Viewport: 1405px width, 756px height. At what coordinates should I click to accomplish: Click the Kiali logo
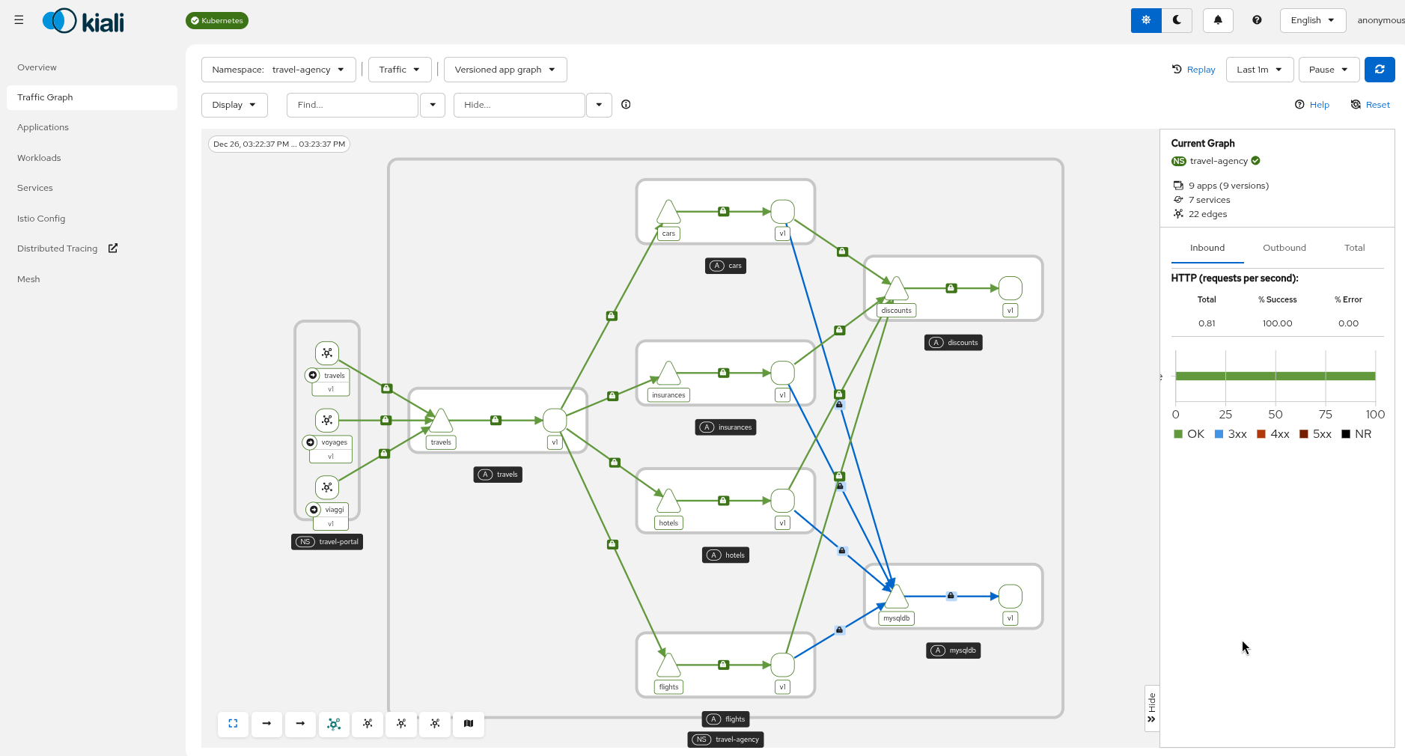pyautogui.click(x=83, y=21)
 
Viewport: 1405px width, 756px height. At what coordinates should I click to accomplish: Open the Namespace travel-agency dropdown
pyautogui.click(x=278, y=70)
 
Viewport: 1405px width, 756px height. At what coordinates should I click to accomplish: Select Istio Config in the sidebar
pyautogui.click(x=41, y=219)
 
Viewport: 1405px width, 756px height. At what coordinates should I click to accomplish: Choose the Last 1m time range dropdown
pyautogui.click(x=1258, y=70)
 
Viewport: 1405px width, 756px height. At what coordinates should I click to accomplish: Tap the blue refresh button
pyautogui.click(x=1379, y=70)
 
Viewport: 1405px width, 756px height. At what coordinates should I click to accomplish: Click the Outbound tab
pyautogui.click(x=1284, y=248)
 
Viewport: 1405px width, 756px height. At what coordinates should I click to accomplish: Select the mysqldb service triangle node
pyautogui.click(x=896, y=597)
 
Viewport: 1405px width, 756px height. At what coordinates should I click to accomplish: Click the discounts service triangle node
pyautogui.click(x=896, y=289)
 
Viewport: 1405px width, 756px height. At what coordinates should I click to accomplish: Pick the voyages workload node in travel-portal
pyautogui.click(x=327, y=420)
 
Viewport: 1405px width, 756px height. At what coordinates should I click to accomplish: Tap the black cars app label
pyautogui.click(x=725, y=266)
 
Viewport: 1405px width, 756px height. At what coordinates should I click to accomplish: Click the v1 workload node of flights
pyautogui.click(x=782, y=665)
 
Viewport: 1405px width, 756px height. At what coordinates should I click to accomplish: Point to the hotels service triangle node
pyautogui.click(x=668, y=502)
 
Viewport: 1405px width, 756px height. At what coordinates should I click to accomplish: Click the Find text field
pyautogui.click(x=352, y=105)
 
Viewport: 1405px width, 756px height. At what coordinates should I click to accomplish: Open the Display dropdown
pyautogui.click(x=234, y=105)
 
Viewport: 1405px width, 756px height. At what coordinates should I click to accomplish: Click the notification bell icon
pyautogui.click(x=1217, y=20)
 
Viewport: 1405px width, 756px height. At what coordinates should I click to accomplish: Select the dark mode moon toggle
pyautogui.click(x=1177, y=20)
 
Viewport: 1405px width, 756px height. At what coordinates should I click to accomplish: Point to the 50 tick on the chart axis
pyautogui.click(x=1275, y=415)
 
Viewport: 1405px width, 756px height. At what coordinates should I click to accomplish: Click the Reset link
pyautogui.click(x=1370, y=105)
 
